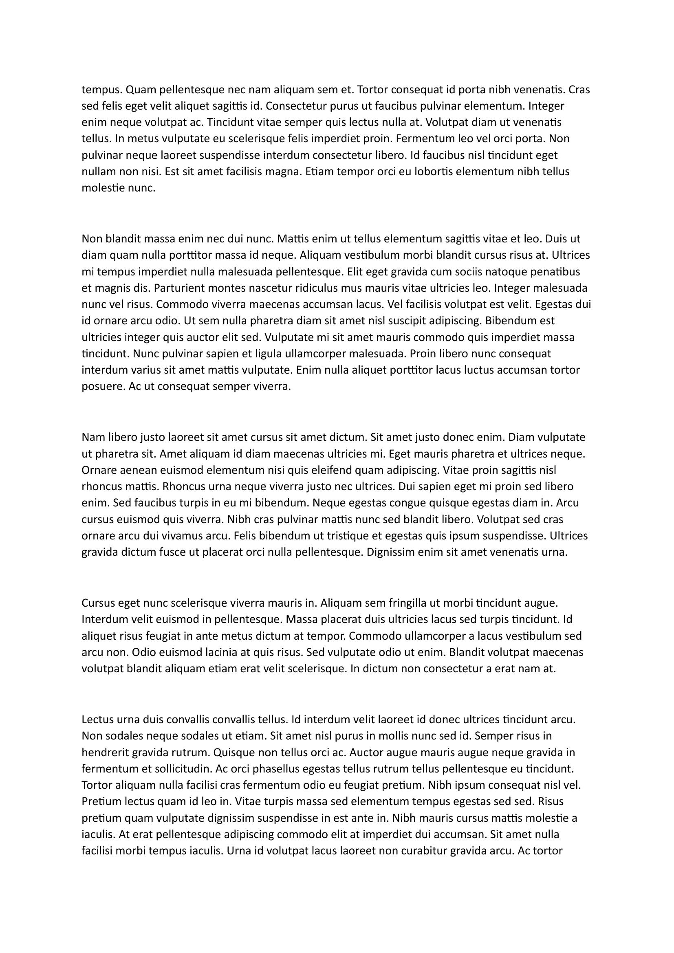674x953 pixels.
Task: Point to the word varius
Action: click(143, 370)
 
